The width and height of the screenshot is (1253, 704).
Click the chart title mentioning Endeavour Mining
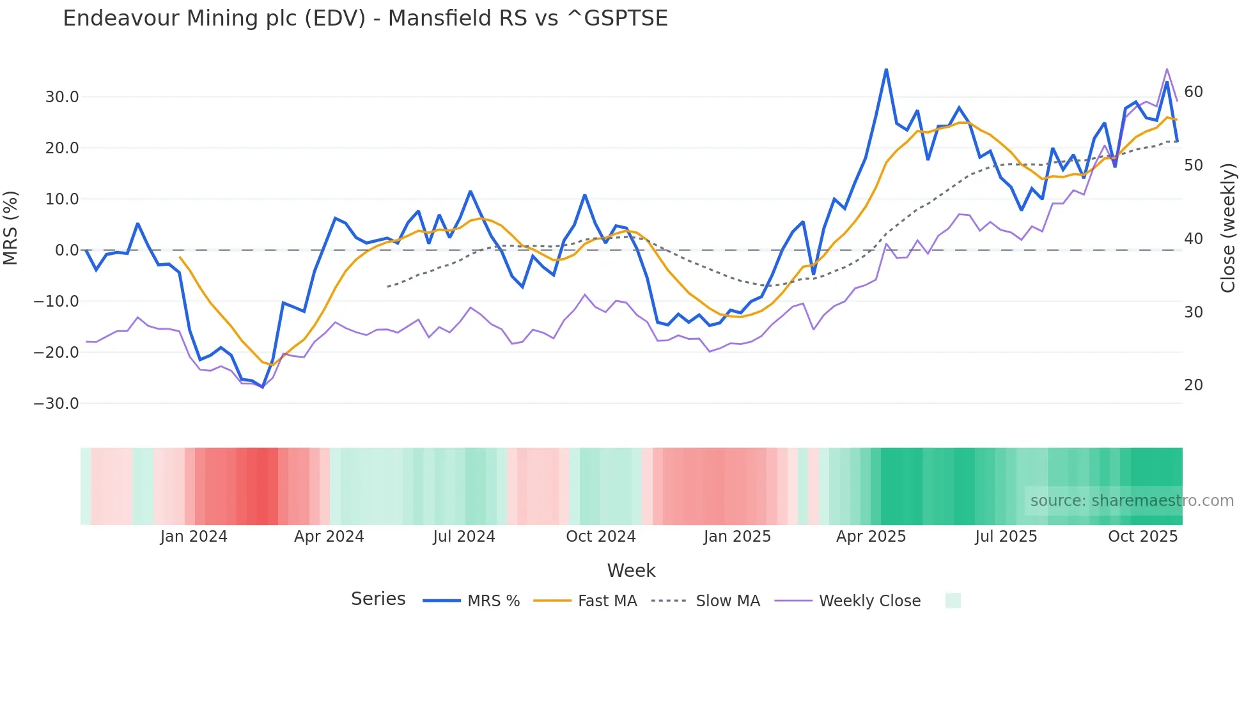tap(365, 19)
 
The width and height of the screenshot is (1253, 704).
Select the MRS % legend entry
tap(493, 601)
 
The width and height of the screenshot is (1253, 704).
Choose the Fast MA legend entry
tap(607, 601)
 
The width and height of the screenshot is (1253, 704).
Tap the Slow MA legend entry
tap(728, 601)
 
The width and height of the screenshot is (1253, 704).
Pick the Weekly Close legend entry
tap(869, 601)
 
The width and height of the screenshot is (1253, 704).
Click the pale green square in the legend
tap(953, 601)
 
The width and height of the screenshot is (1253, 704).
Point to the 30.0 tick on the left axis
tap(62, 97)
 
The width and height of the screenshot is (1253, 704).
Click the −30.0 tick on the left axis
tap(56, 404)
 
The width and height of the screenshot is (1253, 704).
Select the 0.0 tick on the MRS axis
tap(66, 250)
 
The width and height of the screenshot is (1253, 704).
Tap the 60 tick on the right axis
tap(1194, 92)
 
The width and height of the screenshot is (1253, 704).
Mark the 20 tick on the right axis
tap(1194, 385)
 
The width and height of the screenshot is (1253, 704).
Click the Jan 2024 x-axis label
tap(194, 537)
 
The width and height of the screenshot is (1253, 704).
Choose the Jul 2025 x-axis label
tap(1006, 537)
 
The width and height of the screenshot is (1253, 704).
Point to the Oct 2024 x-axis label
tap(601, 537)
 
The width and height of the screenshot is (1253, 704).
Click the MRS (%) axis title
tap(11, 228)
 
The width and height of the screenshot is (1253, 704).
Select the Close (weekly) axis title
tap(1227, 228)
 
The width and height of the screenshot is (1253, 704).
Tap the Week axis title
tap(631, 570)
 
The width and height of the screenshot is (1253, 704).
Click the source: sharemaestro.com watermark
tap(1132, 501)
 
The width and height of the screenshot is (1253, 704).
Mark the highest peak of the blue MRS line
tap(886, 70)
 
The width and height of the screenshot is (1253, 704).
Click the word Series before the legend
tap(378, 599)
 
